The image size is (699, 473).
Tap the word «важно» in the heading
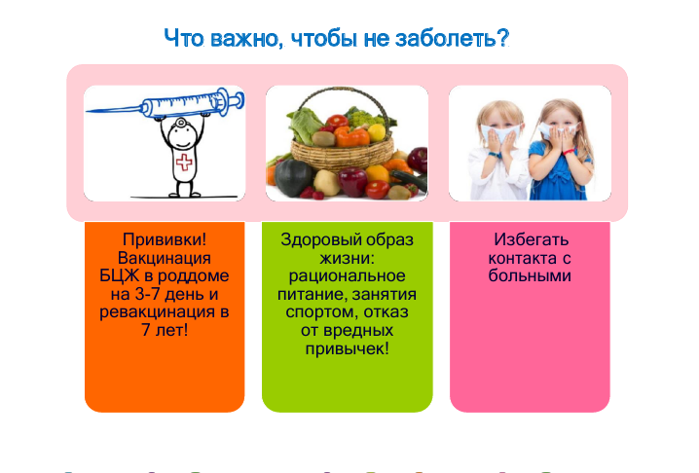[245, 38]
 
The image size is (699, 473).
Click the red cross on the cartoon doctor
[184, 163]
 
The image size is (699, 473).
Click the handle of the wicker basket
[342, 107]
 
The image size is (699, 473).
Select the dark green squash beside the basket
[292, 177]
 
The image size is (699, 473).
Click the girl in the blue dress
[562, 150]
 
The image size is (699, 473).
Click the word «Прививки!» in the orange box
[165, 239]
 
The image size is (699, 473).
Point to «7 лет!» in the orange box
[165, 330]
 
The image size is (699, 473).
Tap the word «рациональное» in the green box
[347, 276]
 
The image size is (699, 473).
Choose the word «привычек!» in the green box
[347, 348]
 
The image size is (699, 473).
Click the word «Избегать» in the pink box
[531, 239]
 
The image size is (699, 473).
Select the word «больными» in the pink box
[530, 276]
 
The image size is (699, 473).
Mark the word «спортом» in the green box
[321, 312]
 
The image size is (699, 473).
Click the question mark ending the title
[503, 38]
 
